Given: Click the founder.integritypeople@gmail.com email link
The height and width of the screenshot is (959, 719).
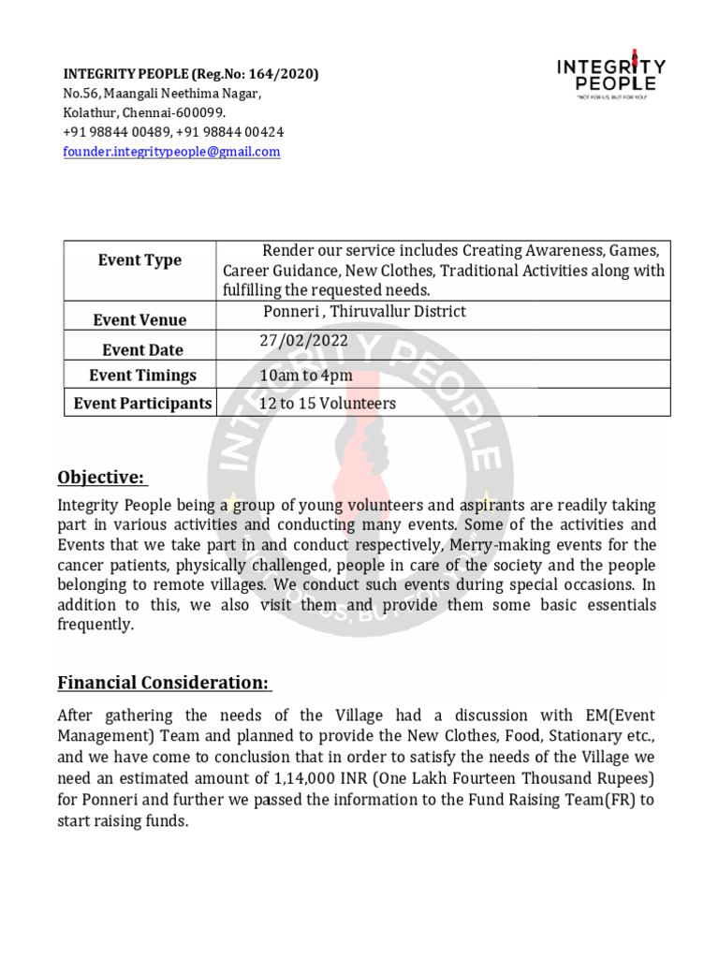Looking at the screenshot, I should pos(171,152).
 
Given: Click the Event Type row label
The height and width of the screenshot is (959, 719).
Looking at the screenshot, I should pos(139,260).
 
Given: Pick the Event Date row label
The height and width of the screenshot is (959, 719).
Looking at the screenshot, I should pos(142,350).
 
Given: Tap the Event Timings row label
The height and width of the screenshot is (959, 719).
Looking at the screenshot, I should pos(142,376).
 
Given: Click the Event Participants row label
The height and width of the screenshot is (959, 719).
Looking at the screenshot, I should pos(142,404).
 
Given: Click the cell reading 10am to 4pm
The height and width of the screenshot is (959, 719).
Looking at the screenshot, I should pos(306,376).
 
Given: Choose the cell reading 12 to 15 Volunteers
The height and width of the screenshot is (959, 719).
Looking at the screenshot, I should pos(328,404).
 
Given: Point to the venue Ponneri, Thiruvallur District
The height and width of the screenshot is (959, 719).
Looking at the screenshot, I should pos(364,312).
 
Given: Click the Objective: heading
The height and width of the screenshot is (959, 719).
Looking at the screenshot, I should pos(102,479).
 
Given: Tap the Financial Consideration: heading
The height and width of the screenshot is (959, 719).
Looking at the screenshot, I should pos(165,682).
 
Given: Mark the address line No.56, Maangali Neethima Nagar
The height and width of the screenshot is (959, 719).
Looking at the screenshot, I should pos(162,94).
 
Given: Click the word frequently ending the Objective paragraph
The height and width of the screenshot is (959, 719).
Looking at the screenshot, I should pos(96,626).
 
